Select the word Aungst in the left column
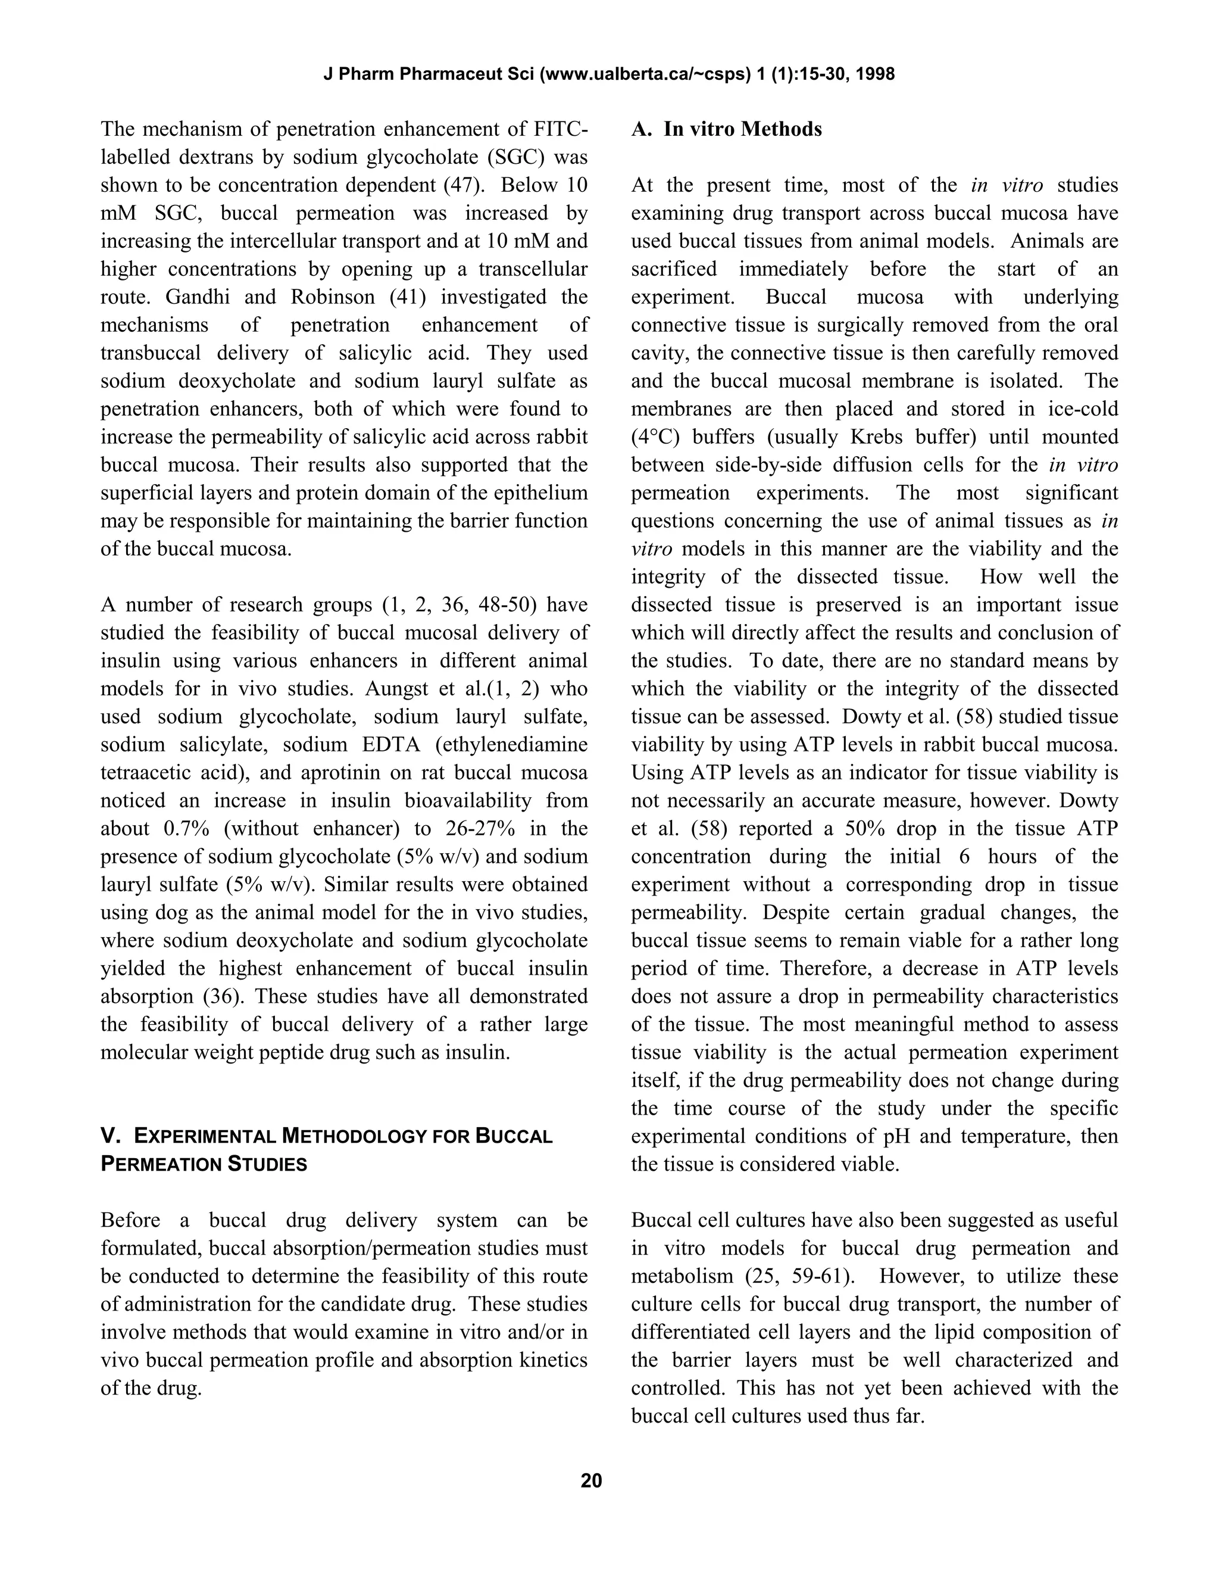point(396,688)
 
